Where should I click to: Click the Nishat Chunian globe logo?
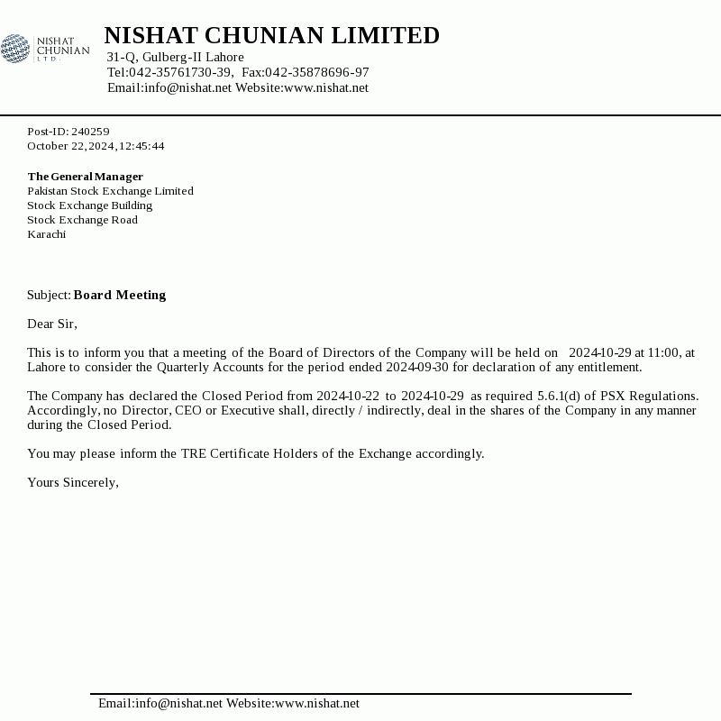(15, 48)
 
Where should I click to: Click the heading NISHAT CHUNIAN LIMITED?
(271, 36)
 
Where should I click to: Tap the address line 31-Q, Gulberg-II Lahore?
(175, 58)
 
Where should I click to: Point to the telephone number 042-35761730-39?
(180, 73)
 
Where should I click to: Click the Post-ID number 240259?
(90, 132)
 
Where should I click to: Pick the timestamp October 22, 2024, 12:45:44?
(96, 146)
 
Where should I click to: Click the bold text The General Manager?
(85, 177)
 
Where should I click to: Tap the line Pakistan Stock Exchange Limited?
(110, 191)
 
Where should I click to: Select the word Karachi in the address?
(46, 234)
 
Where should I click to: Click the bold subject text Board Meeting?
(120, 295)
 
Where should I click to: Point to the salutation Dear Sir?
(52, 324)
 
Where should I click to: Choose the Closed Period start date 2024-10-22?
(348, 396)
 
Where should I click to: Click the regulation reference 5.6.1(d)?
(559, 396)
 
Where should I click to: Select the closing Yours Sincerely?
(73, 482)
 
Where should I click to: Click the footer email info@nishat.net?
(178, 704)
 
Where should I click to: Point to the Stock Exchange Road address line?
(82, 220)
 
